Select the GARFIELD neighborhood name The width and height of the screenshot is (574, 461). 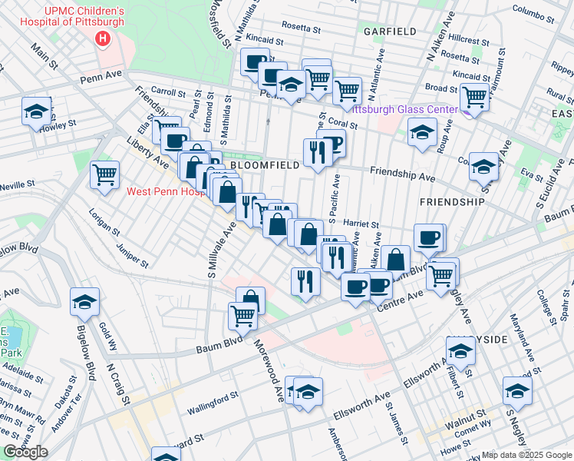click(x=391, y=32)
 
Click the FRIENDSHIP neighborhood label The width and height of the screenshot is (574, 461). click(x=452, y=201)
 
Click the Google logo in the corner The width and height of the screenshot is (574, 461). click(x=25, y=452)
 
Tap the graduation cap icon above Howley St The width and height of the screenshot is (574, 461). click(x=36, y=111)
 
